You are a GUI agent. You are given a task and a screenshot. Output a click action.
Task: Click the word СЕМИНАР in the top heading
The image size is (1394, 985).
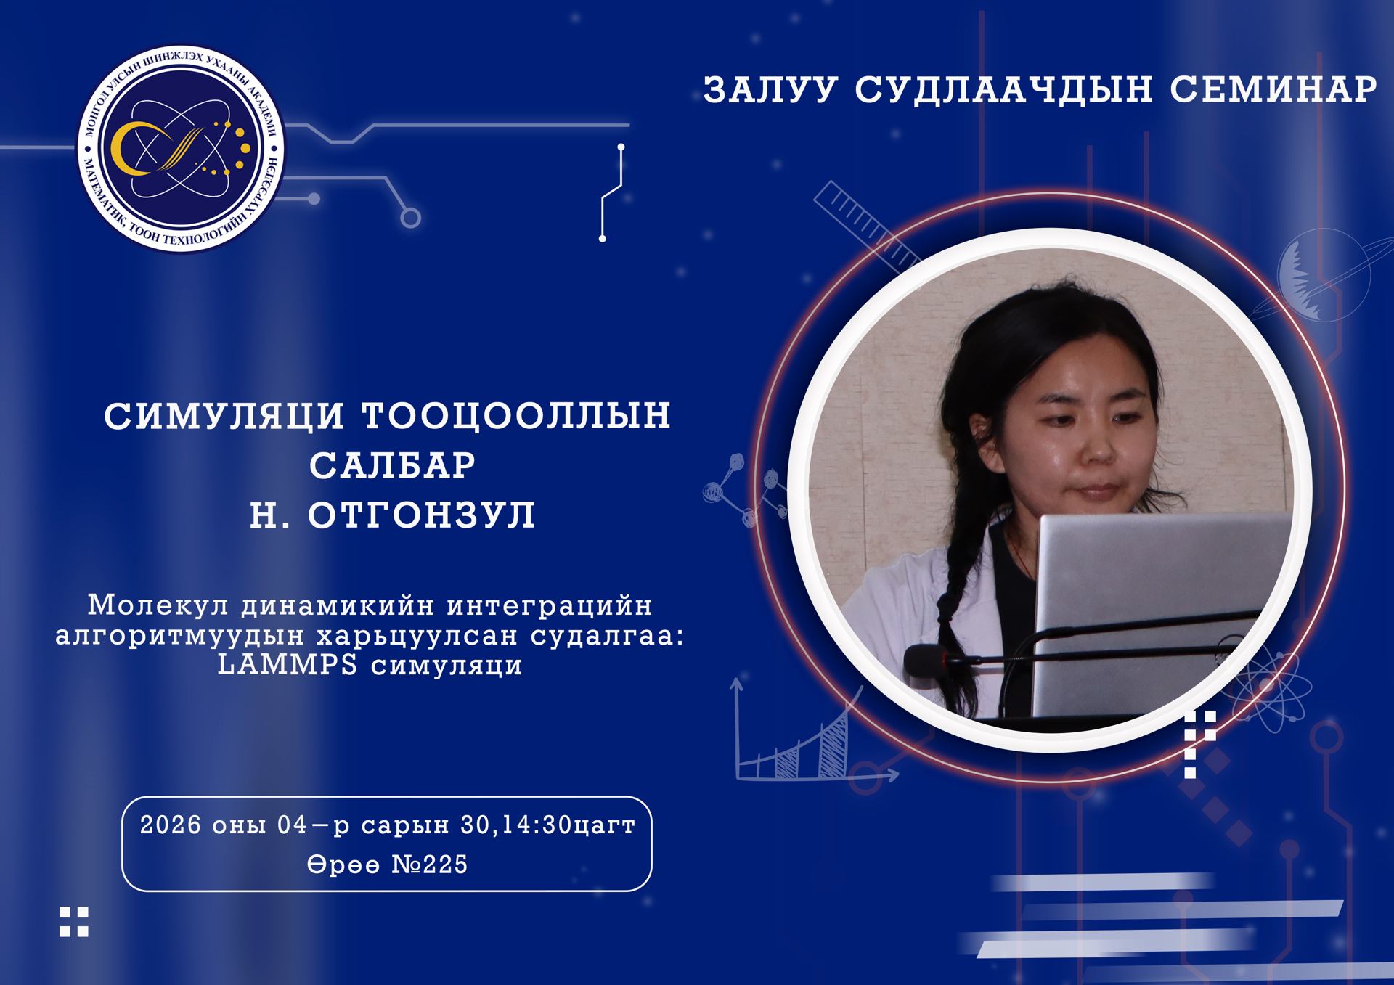1273,90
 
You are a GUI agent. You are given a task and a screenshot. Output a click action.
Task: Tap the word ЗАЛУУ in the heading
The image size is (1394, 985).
770,90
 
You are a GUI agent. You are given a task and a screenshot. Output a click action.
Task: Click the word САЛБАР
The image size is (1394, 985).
393,465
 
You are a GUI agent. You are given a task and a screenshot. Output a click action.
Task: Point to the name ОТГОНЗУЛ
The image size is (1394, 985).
422,515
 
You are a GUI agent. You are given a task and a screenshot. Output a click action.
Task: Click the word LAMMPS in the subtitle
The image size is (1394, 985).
288,664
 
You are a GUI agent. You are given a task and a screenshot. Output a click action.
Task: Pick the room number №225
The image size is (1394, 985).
430,864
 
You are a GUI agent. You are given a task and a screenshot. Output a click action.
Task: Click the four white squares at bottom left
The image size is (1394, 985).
74,922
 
